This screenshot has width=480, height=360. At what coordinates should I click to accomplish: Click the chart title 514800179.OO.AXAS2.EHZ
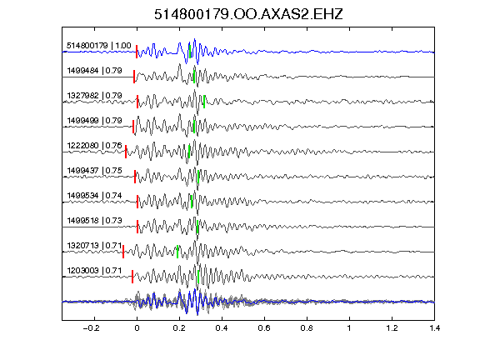pos(248,14)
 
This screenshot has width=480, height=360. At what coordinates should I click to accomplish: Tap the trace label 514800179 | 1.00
pos(99,46)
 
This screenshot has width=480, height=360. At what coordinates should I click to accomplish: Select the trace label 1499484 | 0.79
pos(95,71)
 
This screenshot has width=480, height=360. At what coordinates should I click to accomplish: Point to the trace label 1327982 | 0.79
pos(95,96)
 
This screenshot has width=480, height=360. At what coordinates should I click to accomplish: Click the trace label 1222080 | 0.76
pos(95,145)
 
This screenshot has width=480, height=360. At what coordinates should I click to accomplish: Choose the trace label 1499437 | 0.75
pos(95,171)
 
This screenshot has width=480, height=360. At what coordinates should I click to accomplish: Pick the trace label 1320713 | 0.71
pos(95,246)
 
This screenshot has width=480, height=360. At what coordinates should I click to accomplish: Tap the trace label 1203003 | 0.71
pos(95,271)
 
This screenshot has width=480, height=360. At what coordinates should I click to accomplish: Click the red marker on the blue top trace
pos(137,52)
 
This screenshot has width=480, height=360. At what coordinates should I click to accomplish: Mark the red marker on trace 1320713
pos(123,252)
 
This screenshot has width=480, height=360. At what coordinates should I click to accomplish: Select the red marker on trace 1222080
pos(126,152)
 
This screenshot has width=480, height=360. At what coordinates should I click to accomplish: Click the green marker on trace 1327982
pos(204,102)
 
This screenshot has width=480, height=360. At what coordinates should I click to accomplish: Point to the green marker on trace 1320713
pos(177,252)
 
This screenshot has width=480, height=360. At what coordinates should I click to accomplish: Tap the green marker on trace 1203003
pos(198,277)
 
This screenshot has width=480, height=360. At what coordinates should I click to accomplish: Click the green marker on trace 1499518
pos(197,227)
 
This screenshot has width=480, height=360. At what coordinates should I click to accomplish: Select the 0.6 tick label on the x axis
pos(264,328)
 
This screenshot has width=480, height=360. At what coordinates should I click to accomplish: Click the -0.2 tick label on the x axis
pos(92,328)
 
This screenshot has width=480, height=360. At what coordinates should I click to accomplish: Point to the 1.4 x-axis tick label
pos(434,328)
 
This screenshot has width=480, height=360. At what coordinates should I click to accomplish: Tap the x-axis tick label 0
pos(137,328)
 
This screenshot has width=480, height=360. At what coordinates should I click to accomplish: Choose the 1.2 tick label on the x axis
pos(392,328)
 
